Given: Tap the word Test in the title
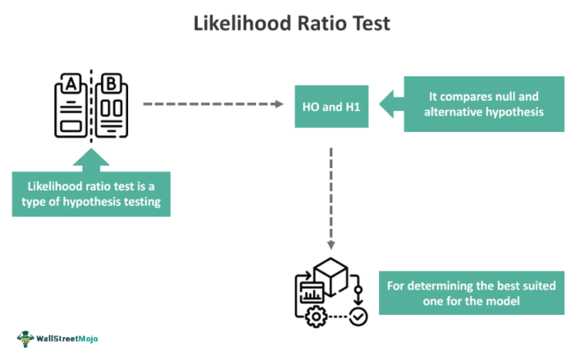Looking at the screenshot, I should [369, 23].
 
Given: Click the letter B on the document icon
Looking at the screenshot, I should [112, 83].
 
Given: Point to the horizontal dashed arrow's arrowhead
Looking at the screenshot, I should [279, 103].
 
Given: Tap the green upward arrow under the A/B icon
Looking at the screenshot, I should [91, 160].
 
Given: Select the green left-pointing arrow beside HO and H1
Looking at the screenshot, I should [387, 103].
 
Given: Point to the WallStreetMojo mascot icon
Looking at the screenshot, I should [25, 338].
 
